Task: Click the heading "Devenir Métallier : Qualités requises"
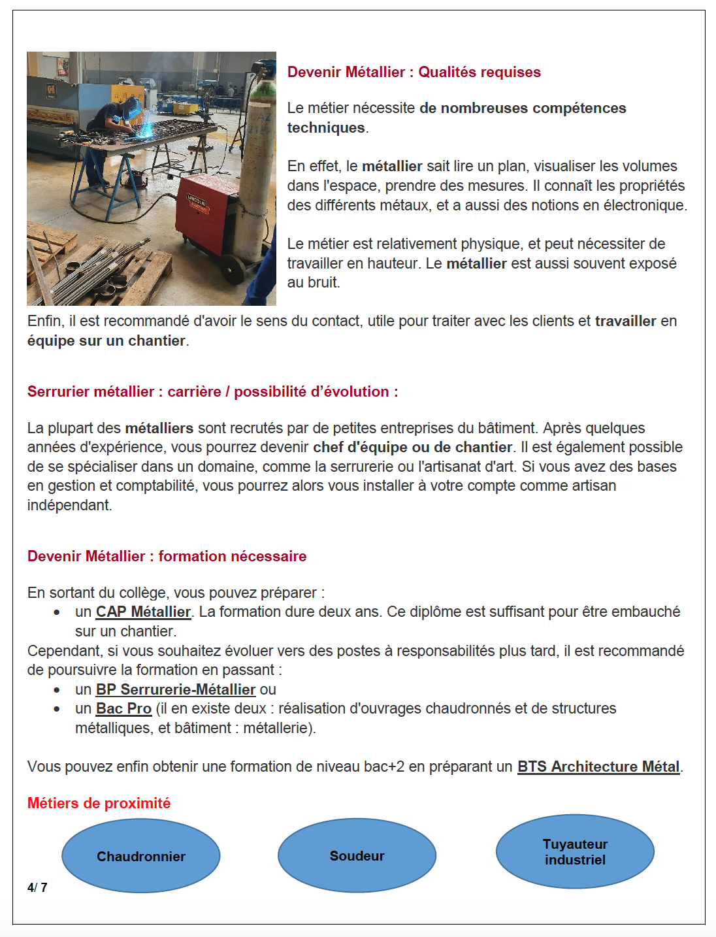point(414,72)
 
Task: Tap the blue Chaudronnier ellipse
point(141,856)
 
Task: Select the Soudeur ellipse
point(357,855)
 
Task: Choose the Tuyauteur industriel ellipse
point(575,851)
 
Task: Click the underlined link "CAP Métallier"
point(143,612)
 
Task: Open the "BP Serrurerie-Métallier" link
point(175,689)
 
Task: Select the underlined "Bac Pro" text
point(123,708)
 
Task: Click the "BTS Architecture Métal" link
point(598,766)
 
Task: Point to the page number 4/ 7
point(37,887)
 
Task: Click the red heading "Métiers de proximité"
point(99,803)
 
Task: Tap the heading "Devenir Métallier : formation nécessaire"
point(167,556)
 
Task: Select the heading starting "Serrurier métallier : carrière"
point(212,391)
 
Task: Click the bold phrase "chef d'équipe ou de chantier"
point(412,447)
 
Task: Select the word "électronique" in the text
point(644,205)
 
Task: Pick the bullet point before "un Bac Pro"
point(57,709)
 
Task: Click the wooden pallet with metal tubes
point(105,274)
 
